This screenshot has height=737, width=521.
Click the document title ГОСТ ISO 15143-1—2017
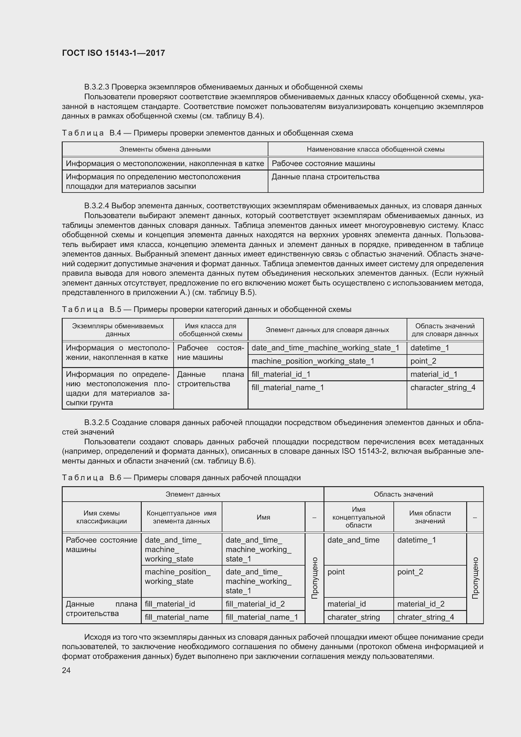(x=113, y=53)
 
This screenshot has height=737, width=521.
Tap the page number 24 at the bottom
(x=66, y=670)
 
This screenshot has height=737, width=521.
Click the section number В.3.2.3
(x=97, y=87)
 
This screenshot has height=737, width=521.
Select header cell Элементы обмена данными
(x=165, y=149)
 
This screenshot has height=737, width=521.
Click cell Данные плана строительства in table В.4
(x=325, y=177)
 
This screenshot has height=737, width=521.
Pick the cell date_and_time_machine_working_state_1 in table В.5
(x=325, y=348)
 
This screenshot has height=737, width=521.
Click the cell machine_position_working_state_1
(x=313, y=361)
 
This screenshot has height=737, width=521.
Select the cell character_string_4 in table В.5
(x=443, y=388)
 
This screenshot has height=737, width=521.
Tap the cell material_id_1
(x=434, y=374)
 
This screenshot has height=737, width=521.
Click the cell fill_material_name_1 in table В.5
(x=288, y=388)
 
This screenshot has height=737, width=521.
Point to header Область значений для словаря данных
(x=445, y=330)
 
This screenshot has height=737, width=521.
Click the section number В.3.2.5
(x=97, y=423)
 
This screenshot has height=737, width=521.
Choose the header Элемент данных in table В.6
(x=193, y=494)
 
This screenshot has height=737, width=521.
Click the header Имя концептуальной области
(x=358, y=517)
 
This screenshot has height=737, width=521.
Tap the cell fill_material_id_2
(x=255, y=604)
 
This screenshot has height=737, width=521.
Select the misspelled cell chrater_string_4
(x=425, y=617)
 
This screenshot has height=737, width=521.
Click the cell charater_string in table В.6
(x=353, y=617)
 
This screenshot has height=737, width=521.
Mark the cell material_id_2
(x=421, y=604)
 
